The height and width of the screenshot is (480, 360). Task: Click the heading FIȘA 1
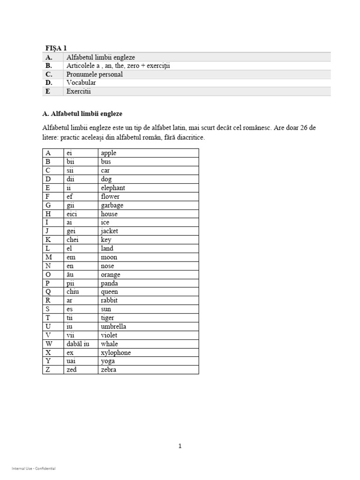coord(56,48)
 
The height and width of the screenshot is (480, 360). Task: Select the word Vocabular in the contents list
coord(81,83)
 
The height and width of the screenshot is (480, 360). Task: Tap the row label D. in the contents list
coord(49,83)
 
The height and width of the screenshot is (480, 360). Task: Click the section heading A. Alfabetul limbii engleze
coord(82,113)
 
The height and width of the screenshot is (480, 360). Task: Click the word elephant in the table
coord(113,188)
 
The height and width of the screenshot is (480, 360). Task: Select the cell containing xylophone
coord(116,352)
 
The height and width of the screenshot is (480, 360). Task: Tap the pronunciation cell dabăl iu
coord(78,344)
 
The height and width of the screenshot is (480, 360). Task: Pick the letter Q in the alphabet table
coord(48,292)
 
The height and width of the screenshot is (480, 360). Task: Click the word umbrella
coord(113,327)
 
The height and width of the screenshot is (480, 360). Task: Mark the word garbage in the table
coord(112,205)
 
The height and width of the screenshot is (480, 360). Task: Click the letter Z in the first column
coord(47,370)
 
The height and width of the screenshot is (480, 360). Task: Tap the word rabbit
coord(109,300)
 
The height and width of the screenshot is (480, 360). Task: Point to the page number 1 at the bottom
coord(180,446)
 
